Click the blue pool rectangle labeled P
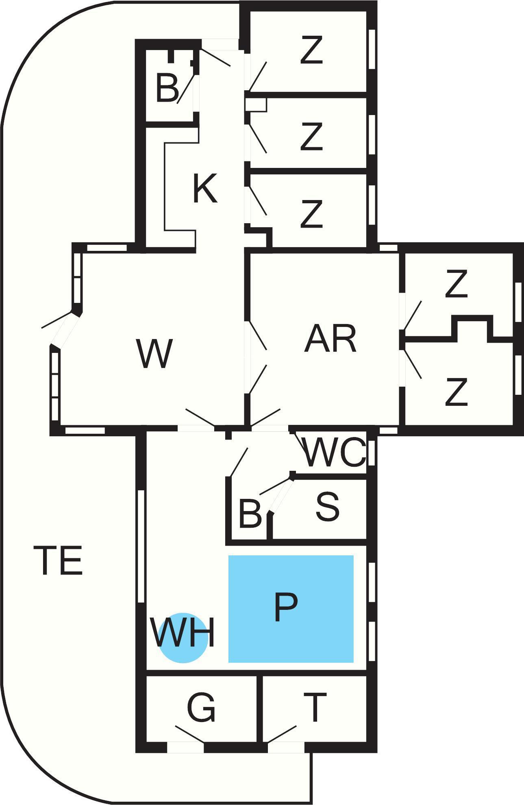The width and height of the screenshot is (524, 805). point(291,609)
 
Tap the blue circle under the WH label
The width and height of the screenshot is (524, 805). point(183,637)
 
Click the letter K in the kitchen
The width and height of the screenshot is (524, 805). point(205,188)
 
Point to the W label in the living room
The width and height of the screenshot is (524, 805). point(155,353)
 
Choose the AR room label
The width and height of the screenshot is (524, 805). point(330,338)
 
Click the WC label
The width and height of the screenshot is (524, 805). point(334,452)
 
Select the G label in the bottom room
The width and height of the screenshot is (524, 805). point(201,708)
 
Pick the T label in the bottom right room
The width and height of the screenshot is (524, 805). point(315,707)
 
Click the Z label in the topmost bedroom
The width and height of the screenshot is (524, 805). point(311,50)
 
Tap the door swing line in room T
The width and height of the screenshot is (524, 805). point(282,734)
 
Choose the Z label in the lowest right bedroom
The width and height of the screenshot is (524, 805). point(456,392)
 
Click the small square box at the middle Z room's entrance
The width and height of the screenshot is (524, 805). point(256,104)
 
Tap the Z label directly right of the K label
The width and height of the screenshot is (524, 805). point(311,213)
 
